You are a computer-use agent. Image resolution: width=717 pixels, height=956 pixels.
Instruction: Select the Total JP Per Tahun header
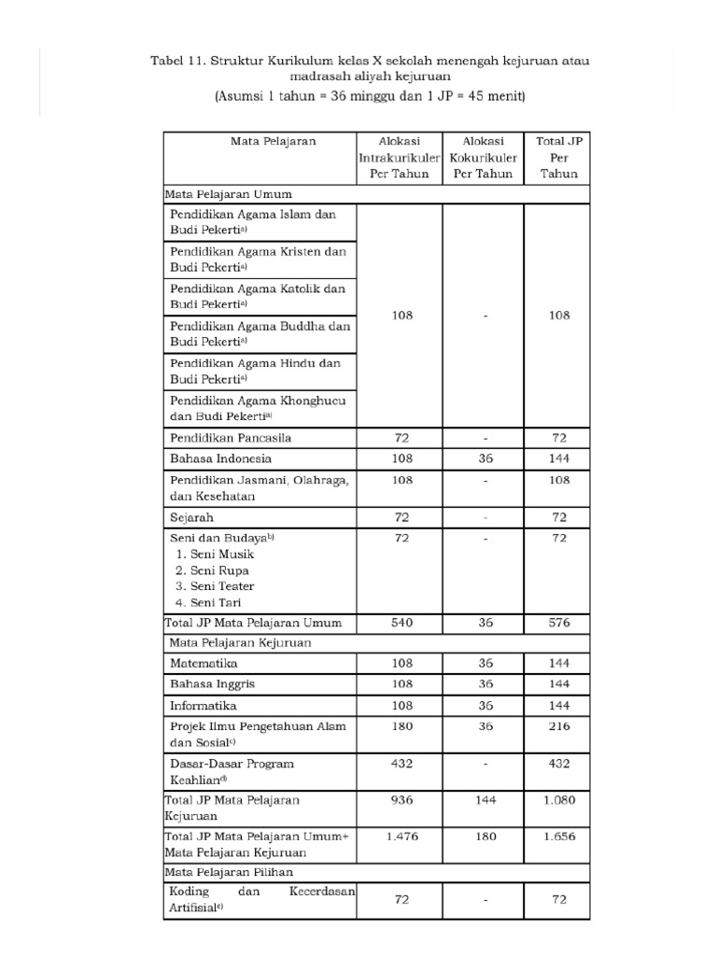558,158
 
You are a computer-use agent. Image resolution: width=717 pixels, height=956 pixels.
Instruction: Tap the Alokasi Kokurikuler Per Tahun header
483,158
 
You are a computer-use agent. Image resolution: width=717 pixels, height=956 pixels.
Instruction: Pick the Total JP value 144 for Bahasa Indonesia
558,458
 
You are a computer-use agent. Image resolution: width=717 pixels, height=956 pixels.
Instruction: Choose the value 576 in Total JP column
558,623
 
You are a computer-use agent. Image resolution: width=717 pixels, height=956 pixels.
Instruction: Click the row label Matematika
204,663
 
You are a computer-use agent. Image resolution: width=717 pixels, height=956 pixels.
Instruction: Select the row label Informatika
204,705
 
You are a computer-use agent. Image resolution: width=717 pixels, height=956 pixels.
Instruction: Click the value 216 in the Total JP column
558,725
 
